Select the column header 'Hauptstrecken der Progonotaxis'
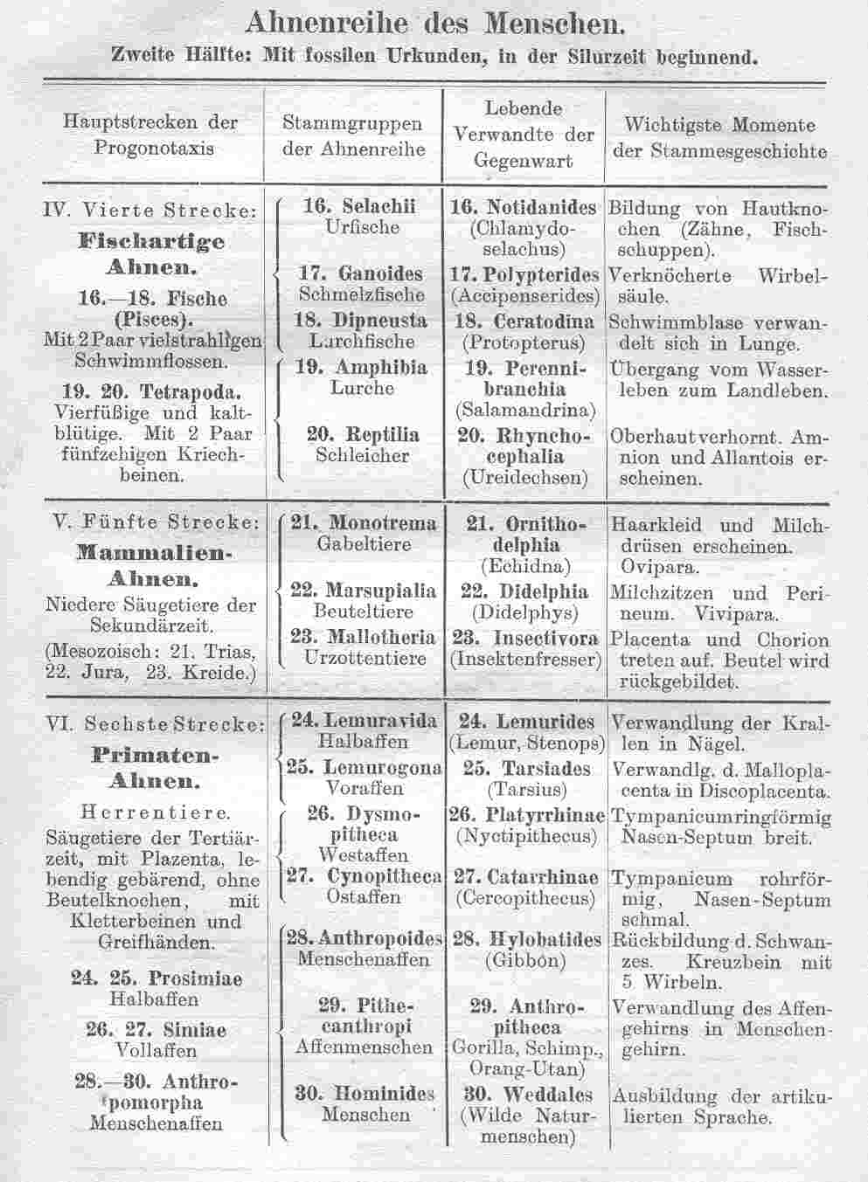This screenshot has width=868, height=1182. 151,135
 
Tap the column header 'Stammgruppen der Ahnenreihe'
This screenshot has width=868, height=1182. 352,136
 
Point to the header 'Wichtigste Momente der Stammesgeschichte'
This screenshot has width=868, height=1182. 719,138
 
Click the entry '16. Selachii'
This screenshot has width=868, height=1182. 358,207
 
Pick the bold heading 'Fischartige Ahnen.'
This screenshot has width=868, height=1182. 151,253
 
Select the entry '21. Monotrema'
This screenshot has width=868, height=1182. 364,523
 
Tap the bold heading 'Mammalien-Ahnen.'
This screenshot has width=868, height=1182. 152,565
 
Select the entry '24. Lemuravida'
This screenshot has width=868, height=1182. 364,721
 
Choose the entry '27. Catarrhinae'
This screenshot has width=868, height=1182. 525,876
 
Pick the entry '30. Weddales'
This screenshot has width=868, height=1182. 526,1095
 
